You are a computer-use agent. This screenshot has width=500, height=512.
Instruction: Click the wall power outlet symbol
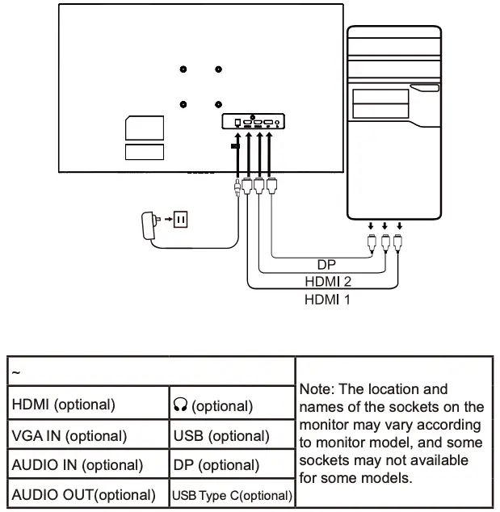pos(182,219)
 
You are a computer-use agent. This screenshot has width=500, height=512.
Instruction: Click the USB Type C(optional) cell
pos(232,494)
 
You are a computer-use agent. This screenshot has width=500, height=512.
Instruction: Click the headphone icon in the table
pos(180,405)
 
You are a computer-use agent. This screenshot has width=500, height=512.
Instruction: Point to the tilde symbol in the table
pos(15,373)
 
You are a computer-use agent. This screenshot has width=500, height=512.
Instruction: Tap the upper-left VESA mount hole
pos(184,70)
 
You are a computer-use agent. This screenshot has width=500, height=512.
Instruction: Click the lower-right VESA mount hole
pos(219,103)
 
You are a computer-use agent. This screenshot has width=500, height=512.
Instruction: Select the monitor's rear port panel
pos(254,122)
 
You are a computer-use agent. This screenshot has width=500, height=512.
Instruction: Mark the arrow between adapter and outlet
pos(168,219)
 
